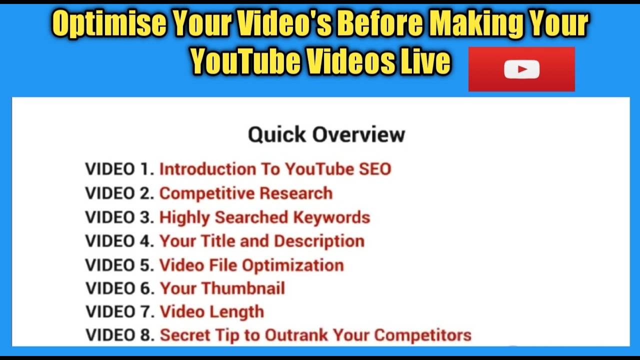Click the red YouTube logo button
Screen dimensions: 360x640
point(521,69)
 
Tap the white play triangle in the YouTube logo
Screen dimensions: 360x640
point(522,69)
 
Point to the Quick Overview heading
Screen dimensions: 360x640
point(326,134)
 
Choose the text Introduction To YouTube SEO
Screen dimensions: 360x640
point(275,169)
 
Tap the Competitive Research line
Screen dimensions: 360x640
point(246,193)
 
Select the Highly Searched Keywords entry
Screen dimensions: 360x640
point(264,217)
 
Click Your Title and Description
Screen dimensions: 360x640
point(262,241)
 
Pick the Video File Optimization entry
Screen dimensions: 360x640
point(251,265)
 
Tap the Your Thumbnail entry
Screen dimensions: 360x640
point(222,288)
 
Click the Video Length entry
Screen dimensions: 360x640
point(212,312)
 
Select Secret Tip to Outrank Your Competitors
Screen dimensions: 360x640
point(315,335)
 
